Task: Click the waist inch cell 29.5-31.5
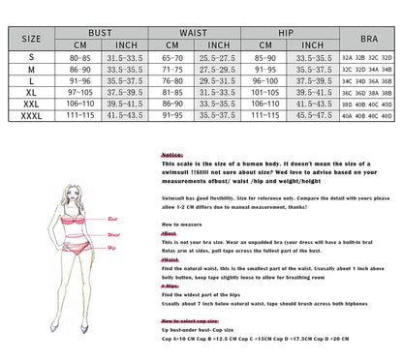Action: (219, 82)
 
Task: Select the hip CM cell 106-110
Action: (263, 105)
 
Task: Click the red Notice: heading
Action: (172, 154)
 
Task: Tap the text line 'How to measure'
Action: (181, 225)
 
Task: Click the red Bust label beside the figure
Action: (113, 220)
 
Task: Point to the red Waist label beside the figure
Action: (113, 233)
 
